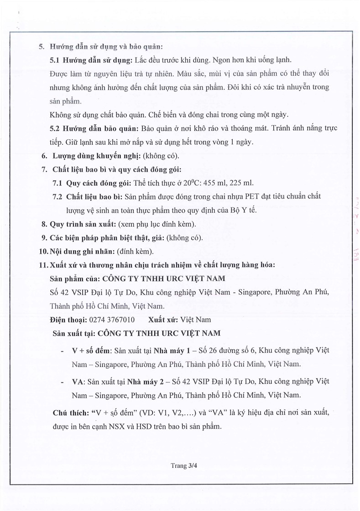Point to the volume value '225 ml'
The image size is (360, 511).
[242, 183]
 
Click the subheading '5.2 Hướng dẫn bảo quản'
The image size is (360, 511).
[95, 128]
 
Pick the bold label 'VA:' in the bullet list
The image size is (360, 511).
[79, 381]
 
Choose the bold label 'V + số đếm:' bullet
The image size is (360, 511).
[91, 350]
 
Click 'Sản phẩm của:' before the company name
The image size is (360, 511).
[74, 279]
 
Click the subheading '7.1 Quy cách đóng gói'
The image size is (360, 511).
[92, 183]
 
